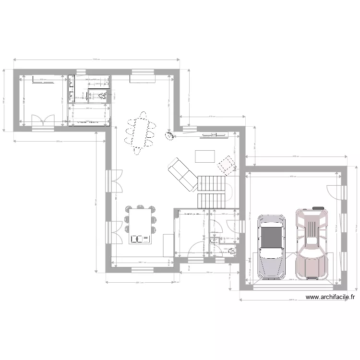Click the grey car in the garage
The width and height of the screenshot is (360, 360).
click(272, 247)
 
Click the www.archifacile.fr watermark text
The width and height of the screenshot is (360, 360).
click(331, 298)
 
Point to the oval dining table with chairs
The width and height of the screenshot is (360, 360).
click(141, 133)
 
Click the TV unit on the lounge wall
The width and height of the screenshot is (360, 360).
click(214, 135)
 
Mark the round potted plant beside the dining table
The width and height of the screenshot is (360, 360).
click(169, 136)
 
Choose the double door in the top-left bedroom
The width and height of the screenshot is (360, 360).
click(43, 121)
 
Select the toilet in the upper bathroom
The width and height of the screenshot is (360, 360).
click(101, 96)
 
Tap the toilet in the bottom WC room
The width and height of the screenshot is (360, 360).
click(232, 250)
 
